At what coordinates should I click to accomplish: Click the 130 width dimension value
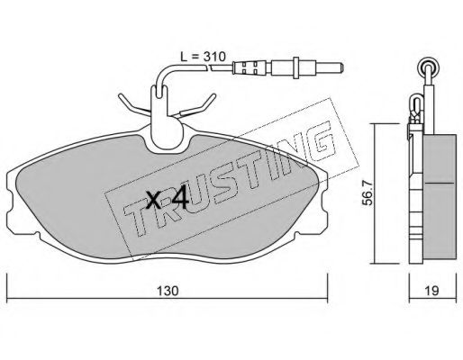pos(168,290)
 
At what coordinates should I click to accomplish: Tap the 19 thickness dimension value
pos(431,290)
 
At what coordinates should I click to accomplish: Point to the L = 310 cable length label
pos(203,57)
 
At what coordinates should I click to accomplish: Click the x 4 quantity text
pos(168,198)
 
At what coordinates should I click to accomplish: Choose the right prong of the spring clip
pos(200,105)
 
